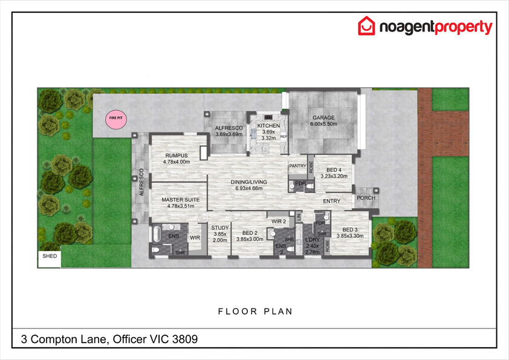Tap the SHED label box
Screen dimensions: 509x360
tap(50, 259)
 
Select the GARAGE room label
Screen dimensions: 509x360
tap(323, 117)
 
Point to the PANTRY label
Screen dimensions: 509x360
tap(297, 166)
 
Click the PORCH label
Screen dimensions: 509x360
tap(366, 197)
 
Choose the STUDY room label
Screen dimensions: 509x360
tap(220, 227)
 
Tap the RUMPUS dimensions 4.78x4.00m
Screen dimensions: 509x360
tap(177, 162)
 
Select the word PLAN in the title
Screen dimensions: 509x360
tap(278, 312)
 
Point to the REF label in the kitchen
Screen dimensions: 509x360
tap(284, 137)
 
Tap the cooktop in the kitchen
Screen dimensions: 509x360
tap(268, 117)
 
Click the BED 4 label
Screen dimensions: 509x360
tap(334, 169)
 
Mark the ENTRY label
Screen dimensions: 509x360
tap(331, 201)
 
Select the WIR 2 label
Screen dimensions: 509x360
tap(279, 221)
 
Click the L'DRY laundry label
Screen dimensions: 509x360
tap(313, 240)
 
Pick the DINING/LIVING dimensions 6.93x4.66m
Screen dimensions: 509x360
tap(248, 188)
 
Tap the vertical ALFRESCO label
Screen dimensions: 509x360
tap(141, 182)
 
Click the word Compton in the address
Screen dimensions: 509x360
tap(68, 339)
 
